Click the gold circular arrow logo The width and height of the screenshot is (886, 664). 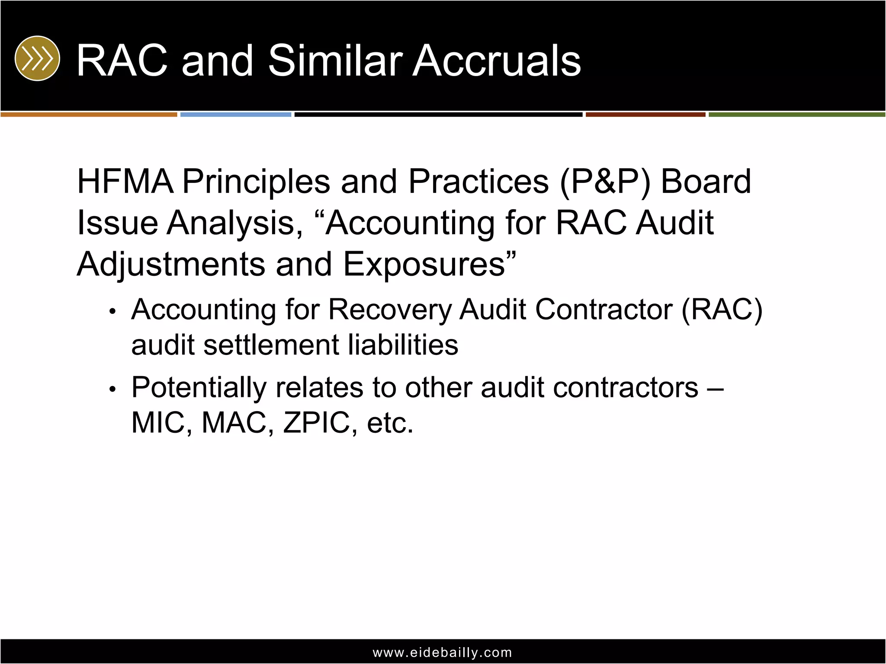click(x=37, y=58)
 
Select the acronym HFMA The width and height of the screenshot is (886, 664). click(x=125, y=182)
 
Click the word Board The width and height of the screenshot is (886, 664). click(x=706, y=182)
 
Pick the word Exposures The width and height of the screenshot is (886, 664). click(x=424, y=265)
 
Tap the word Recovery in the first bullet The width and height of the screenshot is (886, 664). click(x=389, y=310)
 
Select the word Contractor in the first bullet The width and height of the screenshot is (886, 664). click(x=604, y=310)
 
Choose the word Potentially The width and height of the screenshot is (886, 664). click(x=199, y=388)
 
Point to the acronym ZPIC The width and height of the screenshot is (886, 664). click(x=316, y=423)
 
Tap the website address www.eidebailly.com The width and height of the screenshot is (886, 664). click(x=442, y=652)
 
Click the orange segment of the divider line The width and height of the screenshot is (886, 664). click(x=89, y=115)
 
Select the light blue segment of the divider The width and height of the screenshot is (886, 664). click(x=236, y=115)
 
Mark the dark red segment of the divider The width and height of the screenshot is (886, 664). click(x=645, y=115)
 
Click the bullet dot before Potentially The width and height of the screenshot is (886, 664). click(x=112, y=389)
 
